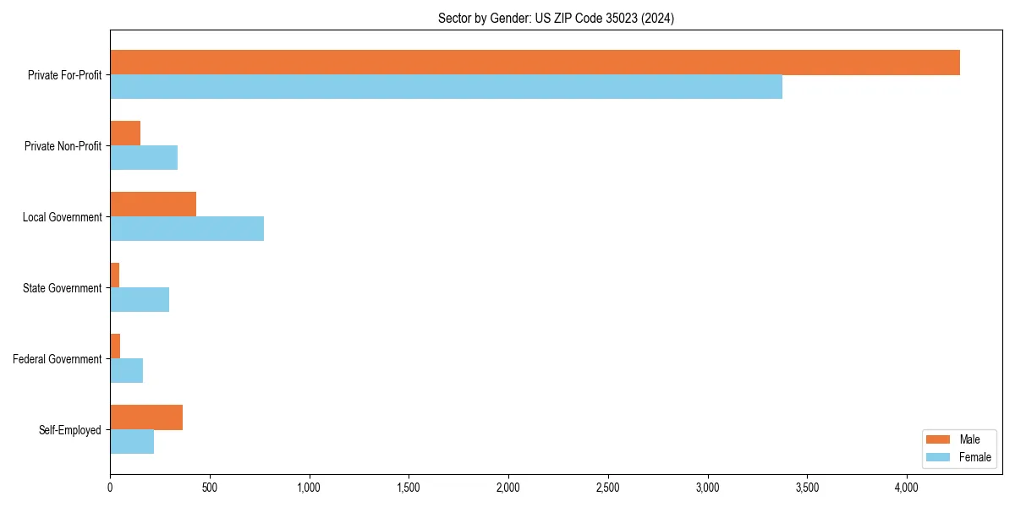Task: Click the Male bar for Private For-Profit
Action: coord(535,63)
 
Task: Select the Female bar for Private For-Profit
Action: coord(446,87)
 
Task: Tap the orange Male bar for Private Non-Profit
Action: coord(125,134)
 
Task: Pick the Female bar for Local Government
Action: coord(187,229)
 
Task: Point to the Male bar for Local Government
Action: coord(153,204)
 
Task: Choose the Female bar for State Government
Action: coord(140,300)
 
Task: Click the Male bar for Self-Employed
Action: coord(146,417)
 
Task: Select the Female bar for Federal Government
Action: coord(126,371)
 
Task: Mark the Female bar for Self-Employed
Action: coord(132,442)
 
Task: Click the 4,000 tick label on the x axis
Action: coord(907,488)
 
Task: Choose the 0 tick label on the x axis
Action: coord(110,488)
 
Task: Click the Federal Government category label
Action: coord(58,359)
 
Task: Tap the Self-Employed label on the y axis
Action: coord(70,430)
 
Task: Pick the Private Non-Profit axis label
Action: coord(63,146)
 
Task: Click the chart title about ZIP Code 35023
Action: coord(556,18)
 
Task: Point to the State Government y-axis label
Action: coord(62,288)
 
